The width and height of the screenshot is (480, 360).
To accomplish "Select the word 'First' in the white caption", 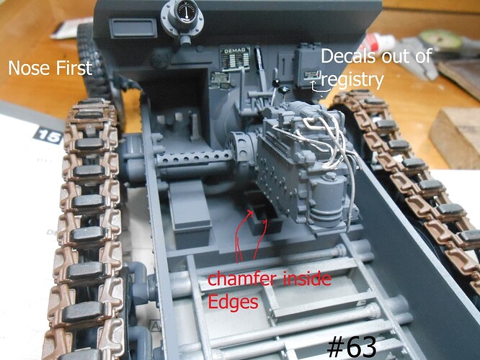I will pyautogui.click(x=74, y=68).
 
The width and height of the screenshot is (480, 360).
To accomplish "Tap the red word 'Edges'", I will pyautogui.click(x=232, y=302).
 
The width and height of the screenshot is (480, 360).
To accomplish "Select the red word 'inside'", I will pyautogui.click(x=303, y=277).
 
